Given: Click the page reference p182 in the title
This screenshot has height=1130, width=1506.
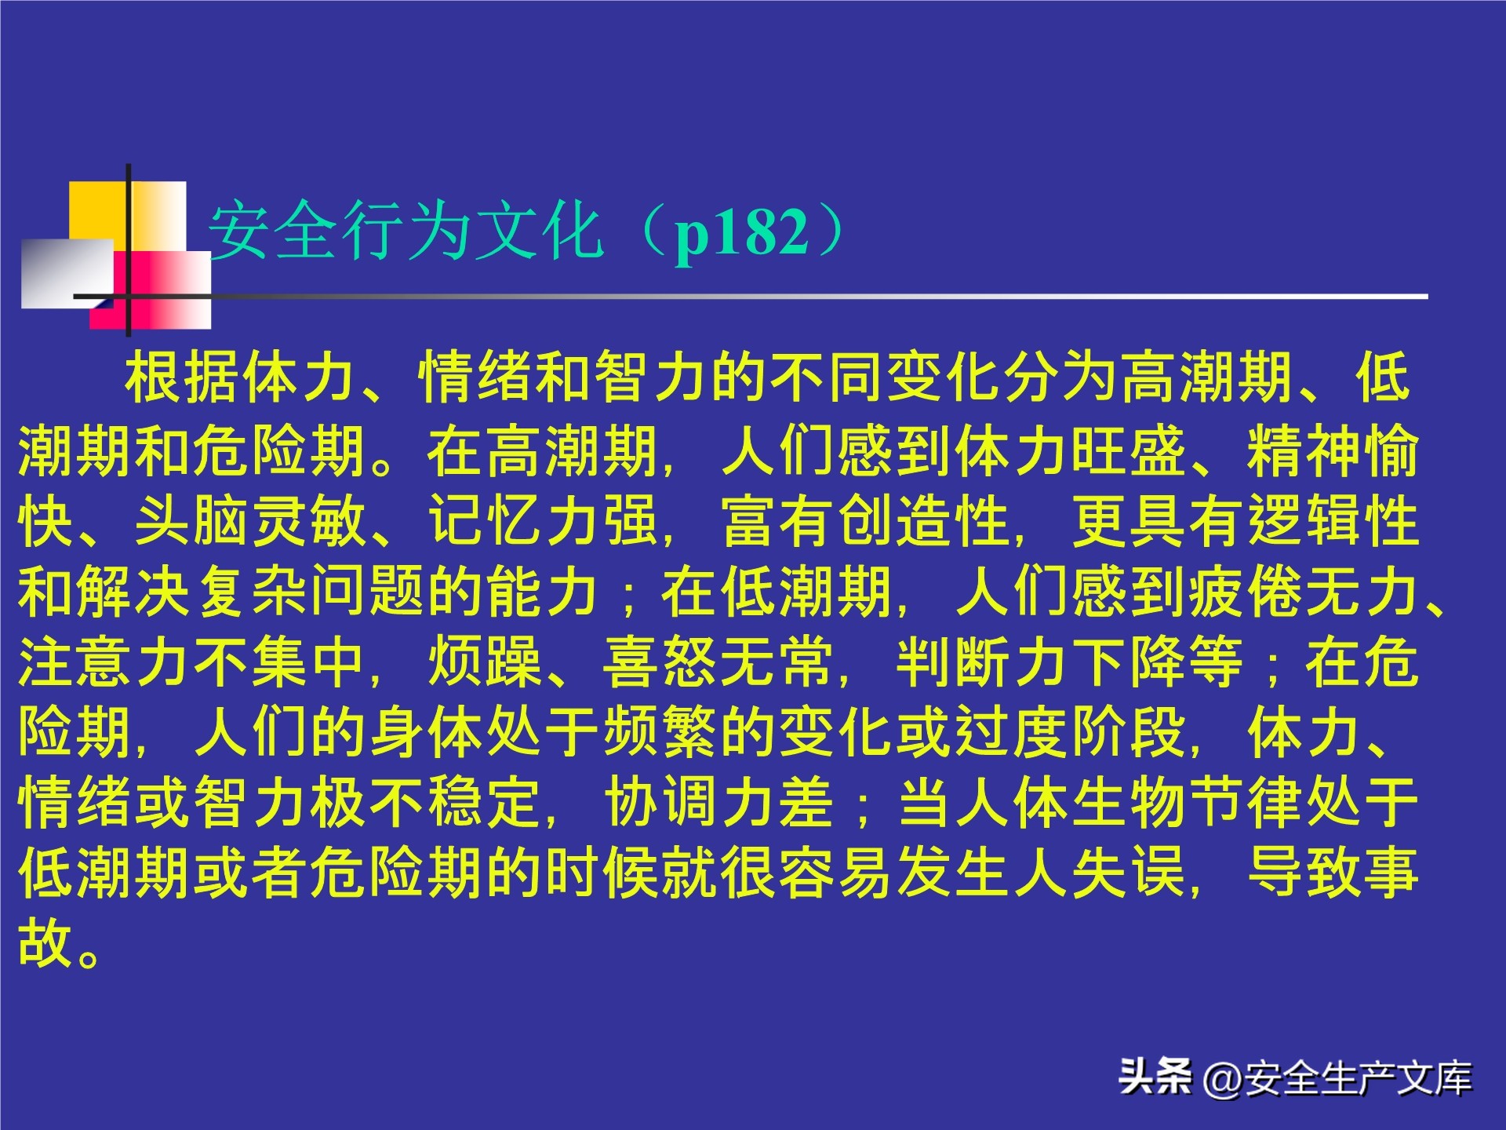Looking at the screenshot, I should pyautogui.click(x=741, y=232).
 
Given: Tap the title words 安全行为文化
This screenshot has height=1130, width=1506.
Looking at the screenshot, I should pyautogui.click(x=406, y=231).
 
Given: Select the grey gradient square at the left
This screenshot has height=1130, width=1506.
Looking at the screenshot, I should pyautogui.click(x=66, y=272).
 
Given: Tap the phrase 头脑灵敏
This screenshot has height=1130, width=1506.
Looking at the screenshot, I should pyautogui.click(x=251, y=521).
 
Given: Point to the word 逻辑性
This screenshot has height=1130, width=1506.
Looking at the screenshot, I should pyautogui.click(x=1333, y=521).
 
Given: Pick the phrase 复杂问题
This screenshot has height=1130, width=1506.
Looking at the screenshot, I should pyautogui.click(x=311, y=592).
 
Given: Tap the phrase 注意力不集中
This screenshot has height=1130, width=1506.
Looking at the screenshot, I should pyautogui.click(x=192, y=662).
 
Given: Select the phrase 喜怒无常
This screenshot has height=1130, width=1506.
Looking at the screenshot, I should pyautogui.click(x=718, y=662).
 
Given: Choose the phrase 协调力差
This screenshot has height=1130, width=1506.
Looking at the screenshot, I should pyautogui.click(x=718, y=802).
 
